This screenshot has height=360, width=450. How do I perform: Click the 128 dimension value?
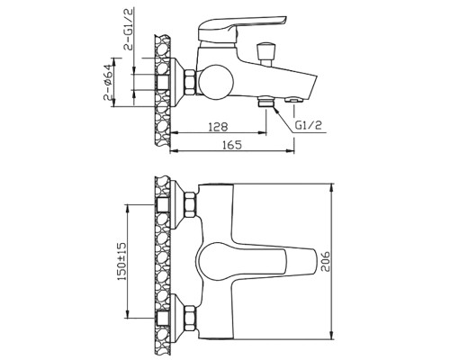(218, 127)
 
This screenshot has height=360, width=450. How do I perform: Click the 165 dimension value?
(231, 145)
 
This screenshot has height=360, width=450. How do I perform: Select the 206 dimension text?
(325, 262)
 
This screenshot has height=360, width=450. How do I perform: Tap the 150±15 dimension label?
(121, 261)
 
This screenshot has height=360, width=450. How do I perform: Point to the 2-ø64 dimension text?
(108, 82)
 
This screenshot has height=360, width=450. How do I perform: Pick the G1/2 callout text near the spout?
(309, 125)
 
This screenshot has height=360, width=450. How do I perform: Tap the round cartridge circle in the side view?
(215, 81)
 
